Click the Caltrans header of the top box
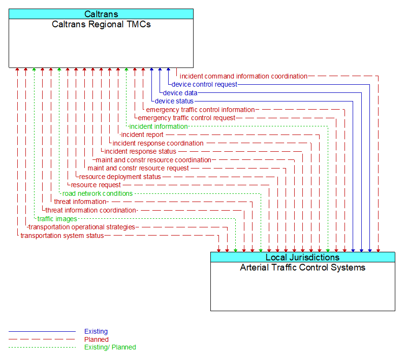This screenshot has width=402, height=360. tap(101, 14)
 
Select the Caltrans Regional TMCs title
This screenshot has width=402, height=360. tap(101, 24)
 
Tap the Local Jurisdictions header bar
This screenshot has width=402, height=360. tap(302, 258)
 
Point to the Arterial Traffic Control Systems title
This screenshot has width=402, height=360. tap(302, 268)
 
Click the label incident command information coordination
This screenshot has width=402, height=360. tap(243, 76)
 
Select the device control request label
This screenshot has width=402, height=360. tap(205, 84)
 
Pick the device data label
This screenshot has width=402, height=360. tap(180, 93)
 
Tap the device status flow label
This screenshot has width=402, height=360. tap(174, 101)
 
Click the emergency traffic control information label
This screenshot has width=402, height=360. tap(200, 110)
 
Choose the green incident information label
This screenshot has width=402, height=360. tap(159, 126)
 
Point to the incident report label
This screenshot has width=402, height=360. tap(142, 135)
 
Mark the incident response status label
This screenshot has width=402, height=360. tap(140, 152)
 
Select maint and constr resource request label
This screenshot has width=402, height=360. tap(138, 168)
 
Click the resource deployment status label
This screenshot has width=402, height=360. tap(120, 177)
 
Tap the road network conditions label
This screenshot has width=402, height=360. tap(98, 193)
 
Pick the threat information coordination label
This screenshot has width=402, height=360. tap(91, 210)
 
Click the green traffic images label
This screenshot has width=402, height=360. tap(57, 219)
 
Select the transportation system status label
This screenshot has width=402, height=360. tap(62, 236)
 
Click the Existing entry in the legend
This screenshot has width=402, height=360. tap(96, 331)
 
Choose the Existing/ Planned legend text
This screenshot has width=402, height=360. tap(110, 347)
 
